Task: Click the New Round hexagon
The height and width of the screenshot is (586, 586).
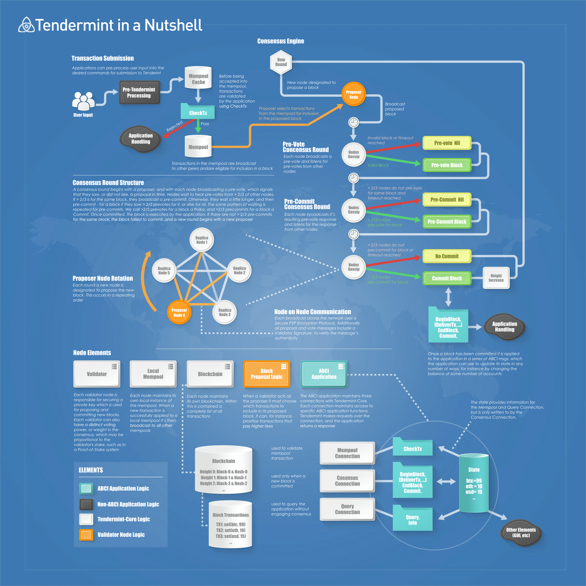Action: tap(281, 62)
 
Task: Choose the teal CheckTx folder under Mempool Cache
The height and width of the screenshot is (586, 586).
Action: tap(198, 112)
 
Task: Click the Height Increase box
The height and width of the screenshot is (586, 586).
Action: tap(496, 278)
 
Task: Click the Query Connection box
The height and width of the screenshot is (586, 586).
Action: tap(347, 509)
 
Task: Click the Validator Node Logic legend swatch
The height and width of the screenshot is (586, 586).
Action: tap(86, 535)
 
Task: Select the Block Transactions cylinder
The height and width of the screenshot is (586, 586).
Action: tap(231, 524)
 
